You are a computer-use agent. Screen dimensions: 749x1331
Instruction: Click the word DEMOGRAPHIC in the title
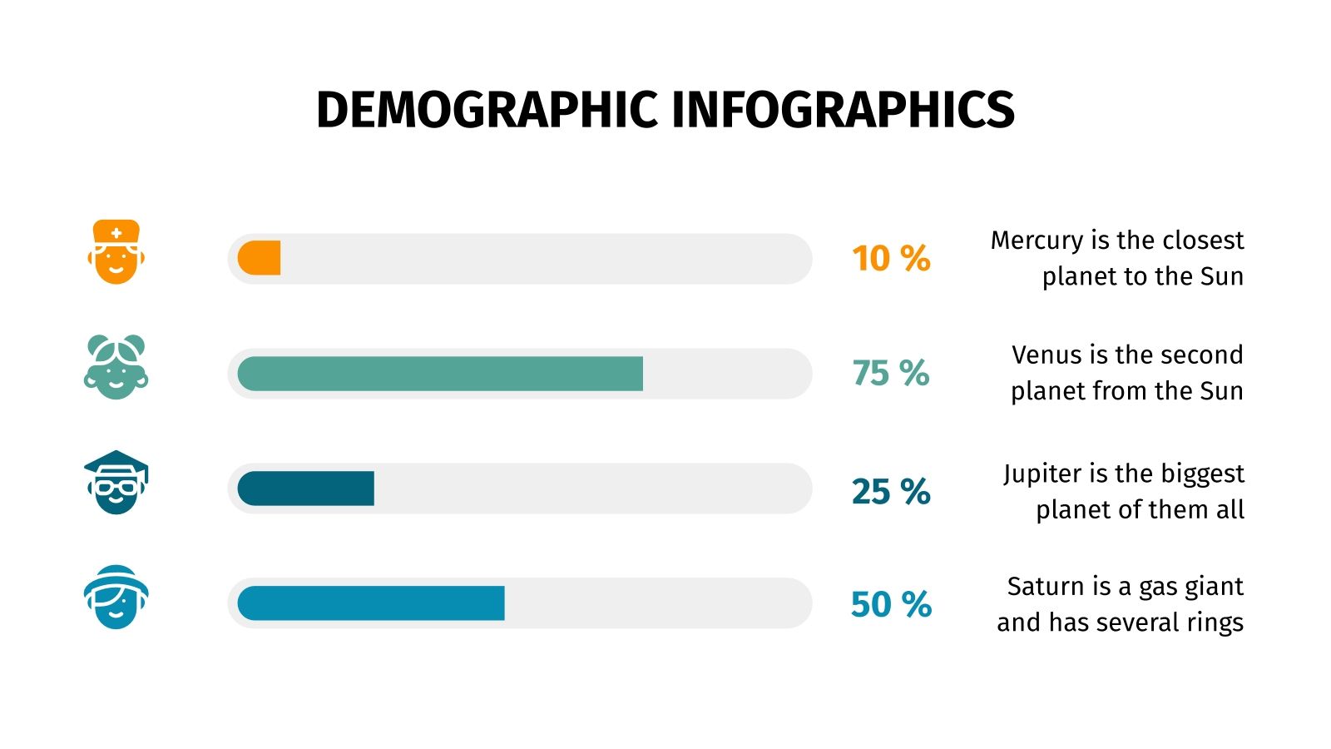[487, 110]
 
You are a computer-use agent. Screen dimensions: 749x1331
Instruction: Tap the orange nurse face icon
[116, 253]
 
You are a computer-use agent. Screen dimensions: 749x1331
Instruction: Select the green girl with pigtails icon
[116, 368]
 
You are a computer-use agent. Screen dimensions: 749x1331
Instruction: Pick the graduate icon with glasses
[116, 483]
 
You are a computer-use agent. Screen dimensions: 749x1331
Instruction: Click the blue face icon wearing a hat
[116, 598]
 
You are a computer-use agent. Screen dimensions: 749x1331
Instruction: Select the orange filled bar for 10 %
[260, 258]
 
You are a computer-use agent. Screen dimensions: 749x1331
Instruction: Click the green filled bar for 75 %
[440, 374]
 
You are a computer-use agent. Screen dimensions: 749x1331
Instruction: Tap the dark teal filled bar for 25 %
[306, 489]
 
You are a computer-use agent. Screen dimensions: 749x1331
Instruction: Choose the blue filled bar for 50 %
[371, 603]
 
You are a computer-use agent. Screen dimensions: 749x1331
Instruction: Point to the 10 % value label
[891, 259]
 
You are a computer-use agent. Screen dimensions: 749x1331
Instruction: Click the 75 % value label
[891, 374]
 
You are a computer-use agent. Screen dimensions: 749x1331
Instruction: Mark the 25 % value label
[891, 492]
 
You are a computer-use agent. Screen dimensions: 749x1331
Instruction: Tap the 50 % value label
[891, 605]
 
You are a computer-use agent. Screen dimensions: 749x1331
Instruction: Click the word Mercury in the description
[1037, 241]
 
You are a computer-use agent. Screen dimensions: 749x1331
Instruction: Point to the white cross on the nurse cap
[116, 233]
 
